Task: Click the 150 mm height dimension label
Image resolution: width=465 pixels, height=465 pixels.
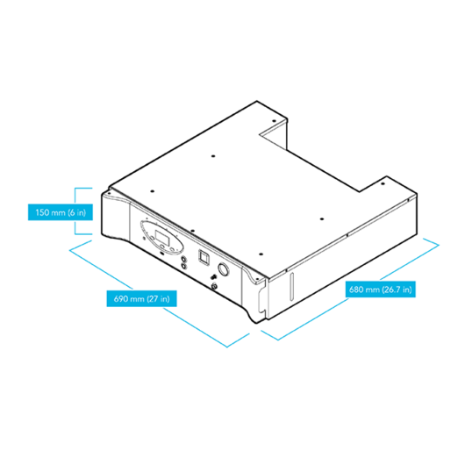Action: pyautogui.click(x=61, y=212)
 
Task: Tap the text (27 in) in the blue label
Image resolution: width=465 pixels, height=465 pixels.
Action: pyautogui.click(x=158, y=298)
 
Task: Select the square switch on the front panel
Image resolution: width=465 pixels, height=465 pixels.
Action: pyautogui.click(x=204, y=256)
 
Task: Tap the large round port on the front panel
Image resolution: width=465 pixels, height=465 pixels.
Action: pyautogui.click(x=224, y=269)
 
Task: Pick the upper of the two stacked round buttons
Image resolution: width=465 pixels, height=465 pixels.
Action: pyautogui.click(x=183, y=260)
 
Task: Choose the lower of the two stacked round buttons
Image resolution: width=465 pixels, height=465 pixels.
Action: pyautogui.click(x=183, y=266)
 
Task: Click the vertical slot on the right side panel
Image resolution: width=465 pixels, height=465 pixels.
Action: pyautogui.click(x=292, y=286)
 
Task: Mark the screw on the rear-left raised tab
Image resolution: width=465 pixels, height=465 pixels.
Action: pyautogui.click(x=274, y=121)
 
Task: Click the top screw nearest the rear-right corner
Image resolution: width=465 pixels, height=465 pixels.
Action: pyautogui.click(x=383, y=184)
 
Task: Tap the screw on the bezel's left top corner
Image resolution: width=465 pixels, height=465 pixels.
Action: pyautogui.click(x=109, y=193)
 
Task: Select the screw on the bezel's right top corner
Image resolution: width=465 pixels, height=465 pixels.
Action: pyautogui.click(x=257, y=279)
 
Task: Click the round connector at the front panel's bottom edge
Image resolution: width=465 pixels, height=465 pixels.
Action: pyautogui.click(x=214, y=287)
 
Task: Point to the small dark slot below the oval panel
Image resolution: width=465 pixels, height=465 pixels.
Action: pyautogui.click(x=162, y=253)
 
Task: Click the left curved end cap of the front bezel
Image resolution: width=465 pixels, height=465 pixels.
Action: pyautogui.click(x=116, y=217)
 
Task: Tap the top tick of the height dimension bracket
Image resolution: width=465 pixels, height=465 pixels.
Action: pyautogui.click(x=83, y=188)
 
